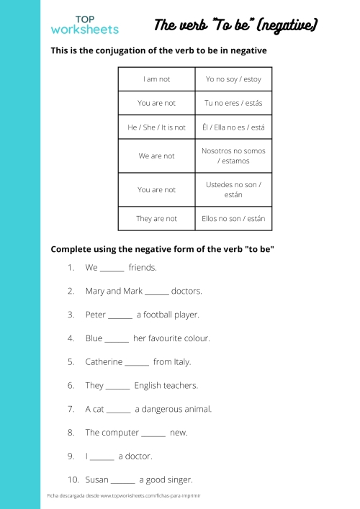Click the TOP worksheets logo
coord(84,25)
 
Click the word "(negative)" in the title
coord(287,27)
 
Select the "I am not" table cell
coord(156,79)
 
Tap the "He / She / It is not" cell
coord(156,127)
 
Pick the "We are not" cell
coord(156,156)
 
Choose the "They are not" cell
coord(156,219)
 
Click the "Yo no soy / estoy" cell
coord(233,79)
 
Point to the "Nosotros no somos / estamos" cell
coord(233,156)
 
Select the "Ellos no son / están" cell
coord(233,219)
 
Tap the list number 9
coord(71,456)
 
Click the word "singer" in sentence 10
coord(179,479)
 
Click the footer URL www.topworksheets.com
coord(130,496)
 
